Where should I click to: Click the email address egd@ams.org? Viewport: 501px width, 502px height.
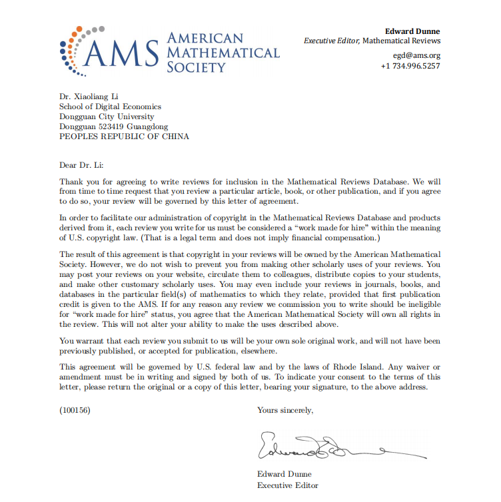(416, 55)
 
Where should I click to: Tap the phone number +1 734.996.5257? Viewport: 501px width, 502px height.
(410, 66)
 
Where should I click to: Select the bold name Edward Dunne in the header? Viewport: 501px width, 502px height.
(412, 31)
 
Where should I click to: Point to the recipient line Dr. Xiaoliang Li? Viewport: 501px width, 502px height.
(89, 97)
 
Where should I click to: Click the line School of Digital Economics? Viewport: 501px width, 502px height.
(110, 107)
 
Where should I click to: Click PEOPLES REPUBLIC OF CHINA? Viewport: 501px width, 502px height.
(124, 136)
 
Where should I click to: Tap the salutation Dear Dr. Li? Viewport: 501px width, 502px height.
(81, 164)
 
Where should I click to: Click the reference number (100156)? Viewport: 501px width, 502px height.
(75, 410)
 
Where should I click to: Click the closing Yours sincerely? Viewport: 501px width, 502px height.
(285, 410)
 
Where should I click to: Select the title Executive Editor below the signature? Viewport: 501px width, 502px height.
(288, 485)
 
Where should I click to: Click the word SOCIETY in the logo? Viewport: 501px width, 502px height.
(197, 67)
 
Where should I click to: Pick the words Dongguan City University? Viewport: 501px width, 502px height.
(106, 117)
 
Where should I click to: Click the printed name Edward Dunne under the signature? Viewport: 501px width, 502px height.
(283, 475)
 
